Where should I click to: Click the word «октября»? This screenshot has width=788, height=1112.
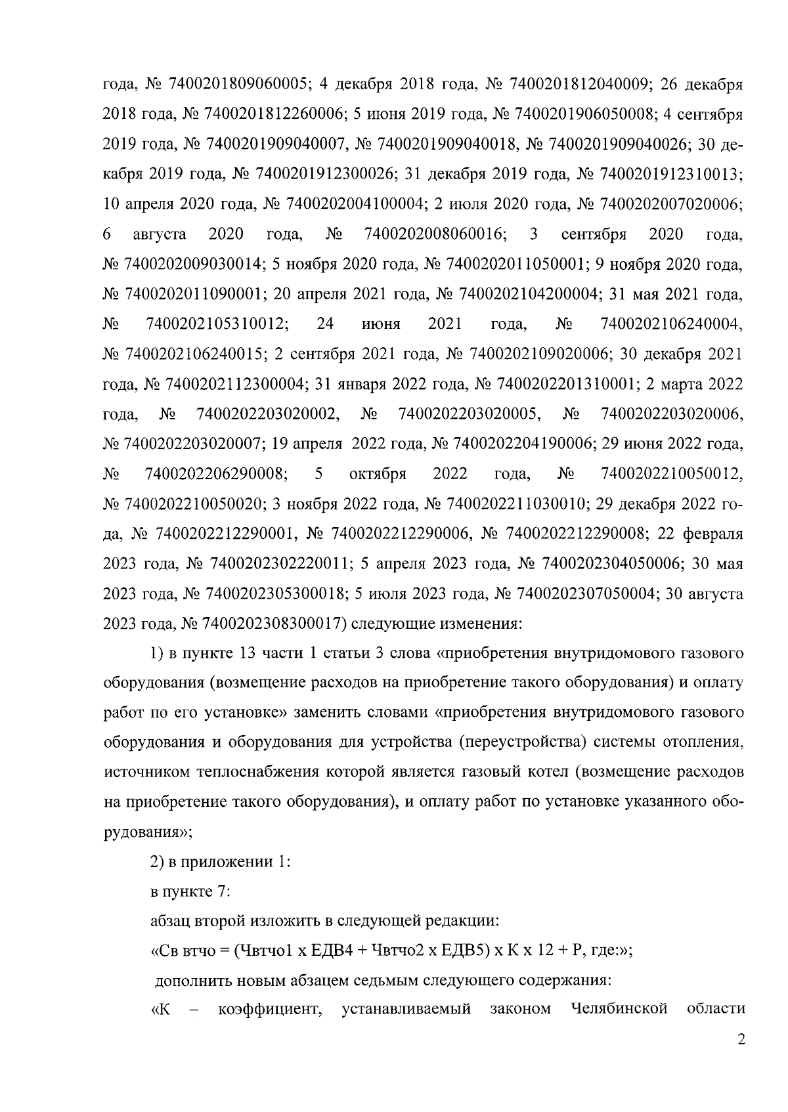click(378, 475)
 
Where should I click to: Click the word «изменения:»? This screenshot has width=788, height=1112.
click(479, 624)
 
